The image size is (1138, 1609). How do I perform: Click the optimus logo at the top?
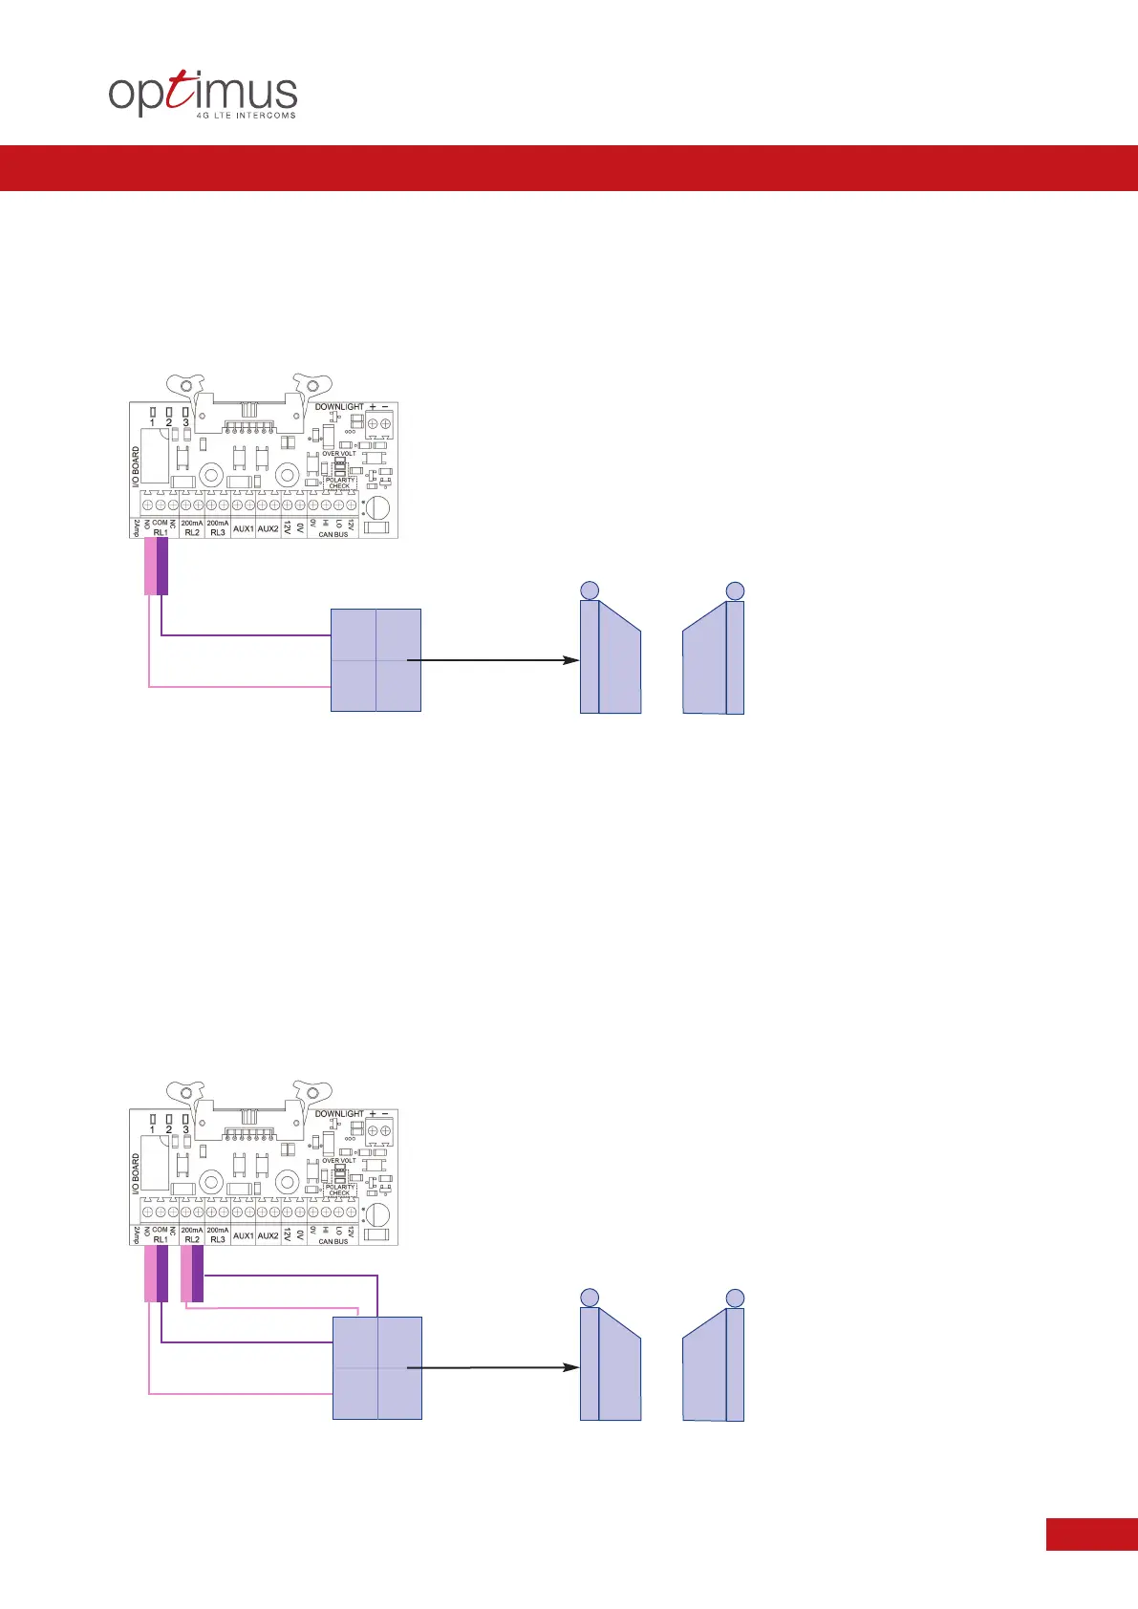coord(203,95)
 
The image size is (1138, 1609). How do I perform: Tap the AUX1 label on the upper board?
coord(244,528)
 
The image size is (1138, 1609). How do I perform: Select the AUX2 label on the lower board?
coord(268,1235)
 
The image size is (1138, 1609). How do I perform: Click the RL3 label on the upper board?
coord(218,532)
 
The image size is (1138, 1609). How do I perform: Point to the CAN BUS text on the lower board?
coord(333,1241)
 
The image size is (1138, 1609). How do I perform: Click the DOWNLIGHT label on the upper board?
coord(339,407)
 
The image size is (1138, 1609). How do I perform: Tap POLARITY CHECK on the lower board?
coord(339,1190)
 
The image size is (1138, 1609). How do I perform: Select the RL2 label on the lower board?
coord(192,1239)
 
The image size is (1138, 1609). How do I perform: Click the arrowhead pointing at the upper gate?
coord(572,660)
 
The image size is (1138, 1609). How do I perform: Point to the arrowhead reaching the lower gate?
coord(572,1367)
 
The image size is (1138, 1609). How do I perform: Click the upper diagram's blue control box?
coord(376,660)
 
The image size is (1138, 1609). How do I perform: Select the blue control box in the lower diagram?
coord(376,1367)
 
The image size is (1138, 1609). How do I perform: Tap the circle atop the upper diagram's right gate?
coord(735,590)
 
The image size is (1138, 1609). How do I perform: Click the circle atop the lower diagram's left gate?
coord(590,1298)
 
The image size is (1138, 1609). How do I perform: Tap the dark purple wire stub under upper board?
coord(162,567)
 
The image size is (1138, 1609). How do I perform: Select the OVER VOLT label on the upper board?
coord(338,454)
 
